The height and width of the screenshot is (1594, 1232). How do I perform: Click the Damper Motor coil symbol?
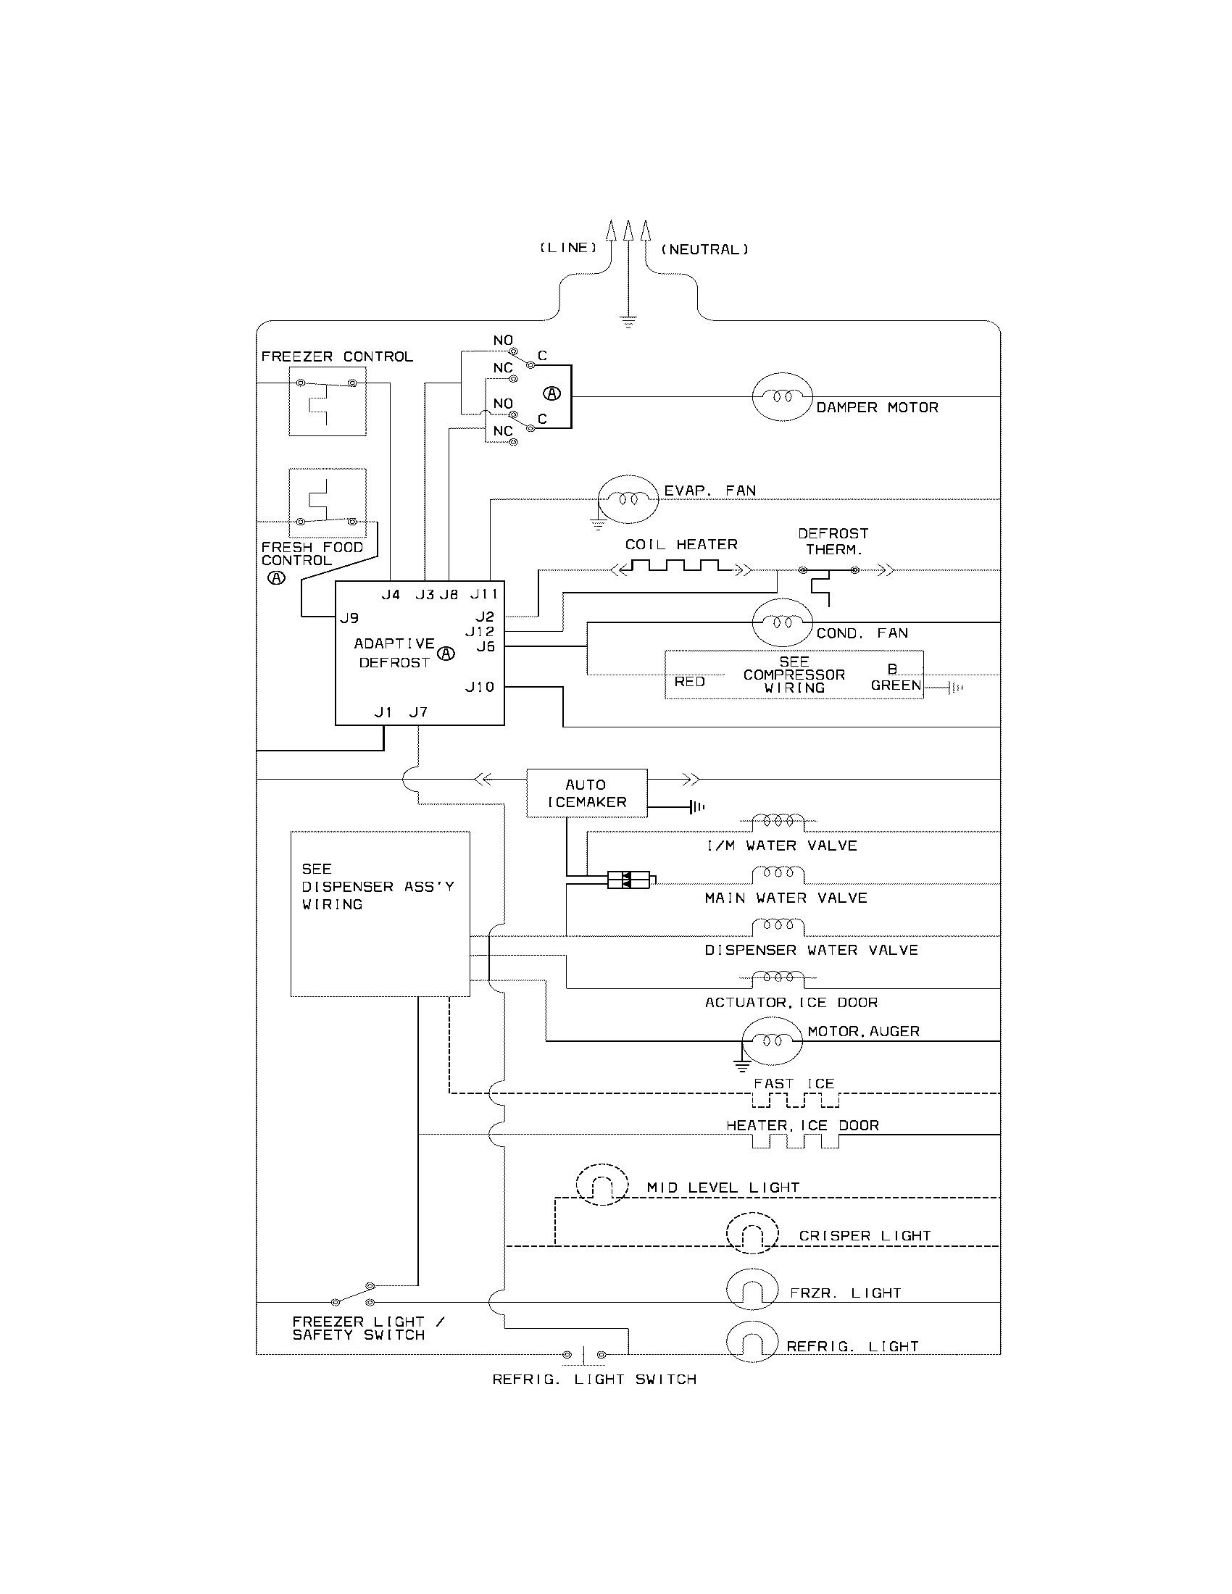pyautogui.click(x=782, y=396)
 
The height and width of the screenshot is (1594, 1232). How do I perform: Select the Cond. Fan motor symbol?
pyautogui.click(x=782, y=622)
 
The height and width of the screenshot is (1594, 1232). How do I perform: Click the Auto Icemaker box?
pyautogui.click(x=587, y=793)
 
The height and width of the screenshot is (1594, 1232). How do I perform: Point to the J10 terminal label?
pyautogui.click(x=480, y=687)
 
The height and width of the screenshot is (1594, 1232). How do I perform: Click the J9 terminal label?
pyautogui.click(x=349, y=618)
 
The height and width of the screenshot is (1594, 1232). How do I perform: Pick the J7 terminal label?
pyautogui.click(x=418, y=712)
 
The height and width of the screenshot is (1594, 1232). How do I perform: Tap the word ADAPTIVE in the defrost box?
pyautogui.click(x=394, y=643)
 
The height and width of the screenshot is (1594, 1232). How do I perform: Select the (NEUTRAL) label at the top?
pyautogui.click(x=704, y=250)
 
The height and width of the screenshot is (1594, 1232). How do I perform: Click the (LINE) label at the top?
pyautogui.click(x=568, y=248)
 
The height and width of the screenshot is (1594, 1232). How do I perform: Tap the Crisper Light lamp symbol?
pyautogui.click(x=752, y=1232)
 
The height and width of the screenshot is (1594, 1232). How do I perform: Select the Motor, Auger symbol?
pyautogui.click(x=773, y=1040)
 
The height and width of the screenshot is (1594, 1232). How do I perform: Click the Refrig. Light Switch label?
pyautogui.click(x=594, y=1380)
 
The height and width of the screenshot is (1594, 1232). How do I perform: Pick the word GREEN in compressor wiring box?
pyautogui.click(x=896, y=685)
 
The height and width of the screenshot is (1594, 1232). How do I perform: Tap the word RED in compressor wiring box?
pyautogui.click(x=689, y=682)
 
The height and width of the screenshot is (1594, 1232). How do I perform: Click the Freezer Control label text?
pyautogui.click(x=337, y=357)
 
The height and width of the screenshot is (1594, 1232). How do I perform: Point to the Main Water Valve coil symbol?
pyautogui.click(x=778, y=874)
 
